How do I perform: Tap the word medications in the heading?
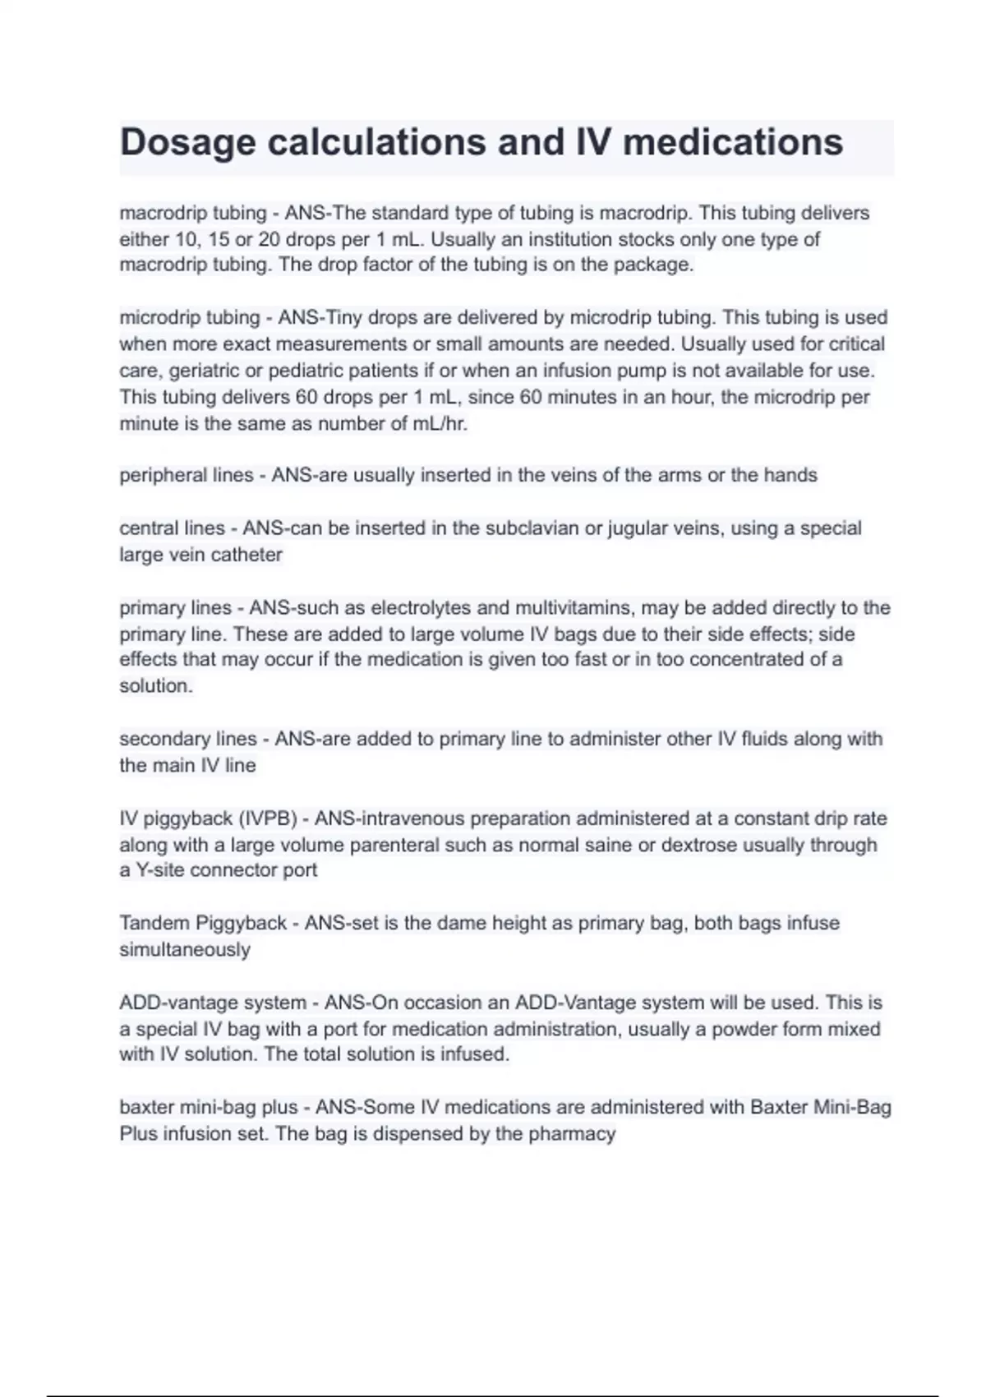(733, 141)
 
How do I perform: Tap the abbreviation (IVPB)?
(268, 818)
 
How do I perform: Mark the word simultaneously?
(185, 950)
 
